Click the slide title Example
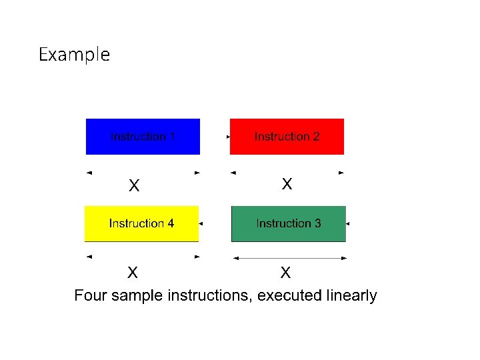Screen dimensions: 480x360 [x=74, y=54]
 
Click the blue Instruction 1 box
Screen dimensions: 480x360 [x=143, y=137]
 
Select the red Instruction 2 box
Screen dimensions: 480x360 [x=287, y=137]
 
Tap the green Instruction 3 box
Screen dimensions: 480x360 [x=288, y=223]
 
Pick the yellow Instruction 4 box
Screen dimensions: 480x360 [x=141, y=223]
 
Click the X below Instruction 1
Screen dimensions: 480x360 [x=134, y=186]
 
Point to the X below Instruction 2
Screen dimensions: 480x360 [x=287, y=183]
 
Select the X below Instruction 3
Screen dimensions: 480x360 [x=285, y=272]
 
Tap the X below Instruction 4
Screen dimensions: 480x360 [x=133, y=272]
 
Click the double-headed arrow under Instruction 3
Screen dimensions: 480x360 [x=288, y=258]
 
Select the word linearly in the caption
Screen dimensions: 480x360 [x=351, y=295]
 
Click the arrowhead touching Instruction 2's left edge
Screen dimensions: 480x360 [x=229, y=137]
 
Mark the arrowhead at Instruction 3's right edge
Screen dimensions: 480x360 [x=348, y=223]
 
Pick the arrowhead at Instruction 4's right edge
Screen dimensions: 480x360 [x=201, y=223]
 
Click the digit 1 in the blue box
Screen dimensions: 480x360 [x=172, y=137]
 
